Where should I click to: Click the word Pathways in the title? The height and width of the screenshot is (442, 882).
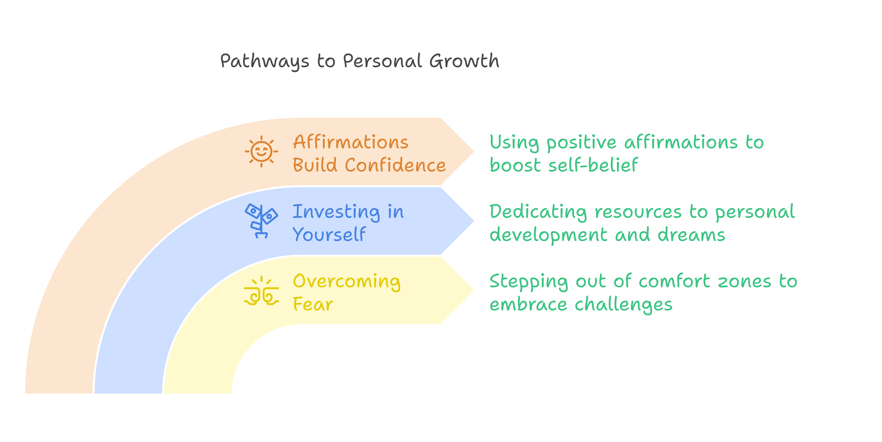click(x=264, y=62)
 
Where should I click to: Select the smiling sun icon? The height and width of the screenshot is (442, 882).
click(x=261, y=151)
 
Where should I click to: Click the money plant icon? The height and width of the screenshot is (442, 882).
click(x=261, y=221)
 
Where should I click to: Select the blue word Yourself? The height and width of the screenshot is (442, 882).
click(x=329, y=235)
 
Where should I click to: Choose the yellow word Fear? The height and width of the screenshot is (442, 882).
click(x=313, y=304)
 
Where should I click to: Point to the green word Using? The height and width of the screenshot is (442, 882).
click(x=514, y=142)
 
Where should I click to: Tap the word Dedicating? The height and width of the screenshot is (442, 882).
click(x=538, y=212)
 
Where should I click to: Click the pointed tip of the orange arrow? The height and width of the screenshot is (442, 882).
click(x=475, y=151)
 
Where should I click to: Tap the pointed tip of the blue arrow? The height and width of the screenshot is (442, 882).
click(x=475, y=221)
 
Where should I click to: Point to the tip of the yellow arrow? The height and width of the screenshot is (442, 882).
click(x=475, y=290)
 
